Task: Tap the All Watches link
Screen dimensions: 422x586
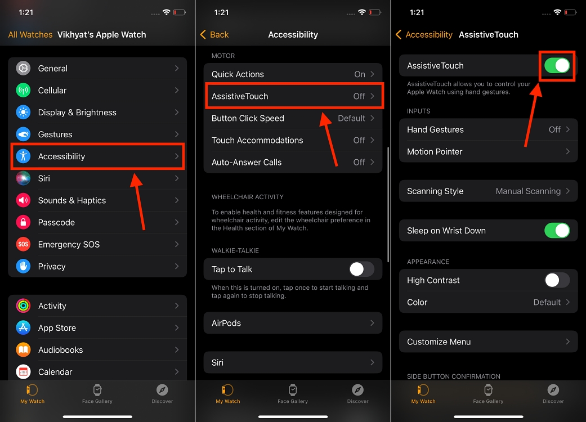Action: click(30, 34)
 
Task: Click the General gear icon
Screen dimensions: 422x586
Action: click(23, 68)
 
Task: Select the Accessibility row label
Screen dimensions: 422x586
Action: click(61, 156)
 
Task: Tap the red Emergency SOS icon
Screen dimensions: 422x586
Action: click(23, 244)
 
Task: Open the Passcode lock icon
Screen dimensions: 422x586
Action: click(23, 222)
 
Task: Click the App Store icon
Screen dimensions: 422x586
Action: click(23, 328)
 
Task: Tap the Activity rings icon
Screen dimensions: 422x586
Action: click(23, 306)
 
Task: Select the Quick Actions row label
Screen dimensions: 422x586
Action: click(238, 74)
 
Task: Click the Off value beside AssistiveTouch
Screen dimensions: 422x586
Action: click(359, 96)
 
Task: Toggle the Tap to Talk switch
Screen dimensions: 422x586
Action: click(361, 269)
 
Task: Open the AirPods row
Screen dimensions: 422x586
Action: click(293, 323)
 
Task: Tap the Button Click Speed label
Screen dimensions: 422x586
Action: click(248, 118)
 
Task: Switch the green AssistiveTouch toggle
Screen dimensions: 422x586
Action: click(557, 66)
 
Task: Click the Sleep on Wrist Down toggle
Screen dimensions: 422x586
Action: click(557, 231)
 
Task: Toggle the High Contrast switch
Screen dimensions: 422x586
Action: click(557, 280)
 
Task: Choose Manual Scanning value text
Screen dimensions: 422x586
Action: click(528, 191)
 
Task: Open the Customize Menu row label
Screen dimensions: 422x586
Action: click(439, 342)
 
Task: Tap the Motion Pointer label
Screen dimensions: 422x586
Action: click(435, 151)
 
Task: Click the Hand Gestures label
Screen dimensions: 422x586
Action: click(435, 129)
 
